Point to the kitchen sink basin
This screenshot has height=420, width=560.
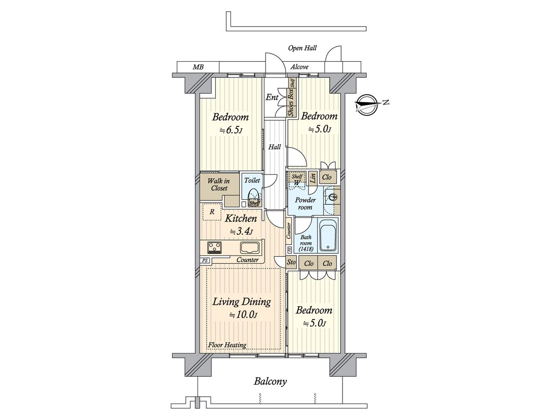pyautogui.click(x=250, y=247)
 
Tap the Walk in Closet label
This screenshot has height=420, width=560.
pyautogui.click(x=219, y=184)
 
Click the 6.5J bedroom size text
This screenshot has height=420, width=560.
pyautogui.click(x=231, y=131)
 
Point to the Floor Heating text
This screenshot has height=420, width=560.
pyautogui.click(x=227, y=345)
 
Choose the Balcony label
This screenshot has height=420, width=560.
pyautogui.click(x=270, y=389)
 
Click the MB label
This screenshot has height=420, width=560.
pyautogui.click(x=198, y=67)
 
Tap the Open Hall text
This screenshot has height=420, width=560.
pyautogui.click(x=302, y=48)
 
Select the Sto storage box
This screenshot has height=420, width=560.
pyautogui.click(x=291, y=262)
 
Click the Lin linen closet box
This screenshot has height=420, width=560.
pyautogui.click(x=313, y=177)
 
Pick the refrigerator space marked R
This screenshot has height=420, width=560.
pyautogui.click(x=212, y=212)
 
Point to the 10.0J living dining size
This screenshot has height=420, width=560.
pyautogui.click(x=243, y=315)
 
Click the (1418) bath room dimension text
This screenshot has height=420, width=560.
pyautogui.click(x=306, y=249)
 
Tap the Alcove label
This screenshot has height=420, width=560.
pyautogui.click(x=300, y=67)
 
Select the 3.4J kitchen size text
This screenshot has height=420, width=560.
pyautogui.click(x=241, y=232)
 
